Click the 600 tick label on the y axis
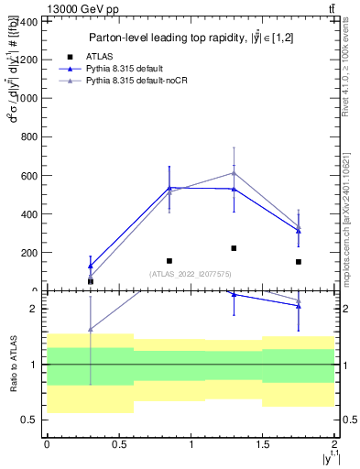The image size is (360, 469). click(29, 175)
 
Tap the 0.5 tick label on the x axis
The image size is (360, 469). click(118, 444)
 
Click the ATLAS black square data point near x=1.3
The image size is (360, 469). click(234, 248)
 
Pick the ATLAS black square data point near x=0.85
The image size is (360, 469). click(169, 261)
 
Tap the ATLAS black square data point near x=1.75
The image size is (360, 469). click(299, 262)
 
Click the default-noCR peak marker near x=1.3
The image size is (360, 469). click(234, 173)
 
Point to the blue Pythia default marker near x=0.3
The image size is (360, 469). click(90, 267)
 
